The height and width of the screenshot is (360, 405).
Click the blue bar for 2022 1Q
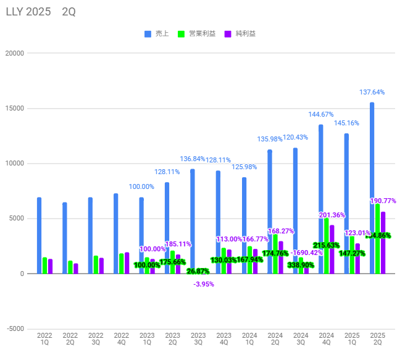click(x=39, y=235)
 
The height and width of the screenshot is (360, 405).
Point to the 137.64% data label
click(x=372, y=92)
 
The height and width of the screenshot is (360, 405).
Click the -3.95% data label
click(x=203, y=284)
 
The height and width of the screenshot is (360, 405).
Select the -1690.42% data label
click(x=306, y=253)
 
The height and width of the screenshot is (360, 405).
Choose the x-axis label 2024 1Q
click(x=249, y=340)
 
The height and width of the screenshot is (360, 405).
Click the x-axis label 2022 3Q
click(x=96, y=340)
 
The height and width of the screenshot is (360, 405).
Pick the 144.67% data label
click(x=321, y=114)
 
